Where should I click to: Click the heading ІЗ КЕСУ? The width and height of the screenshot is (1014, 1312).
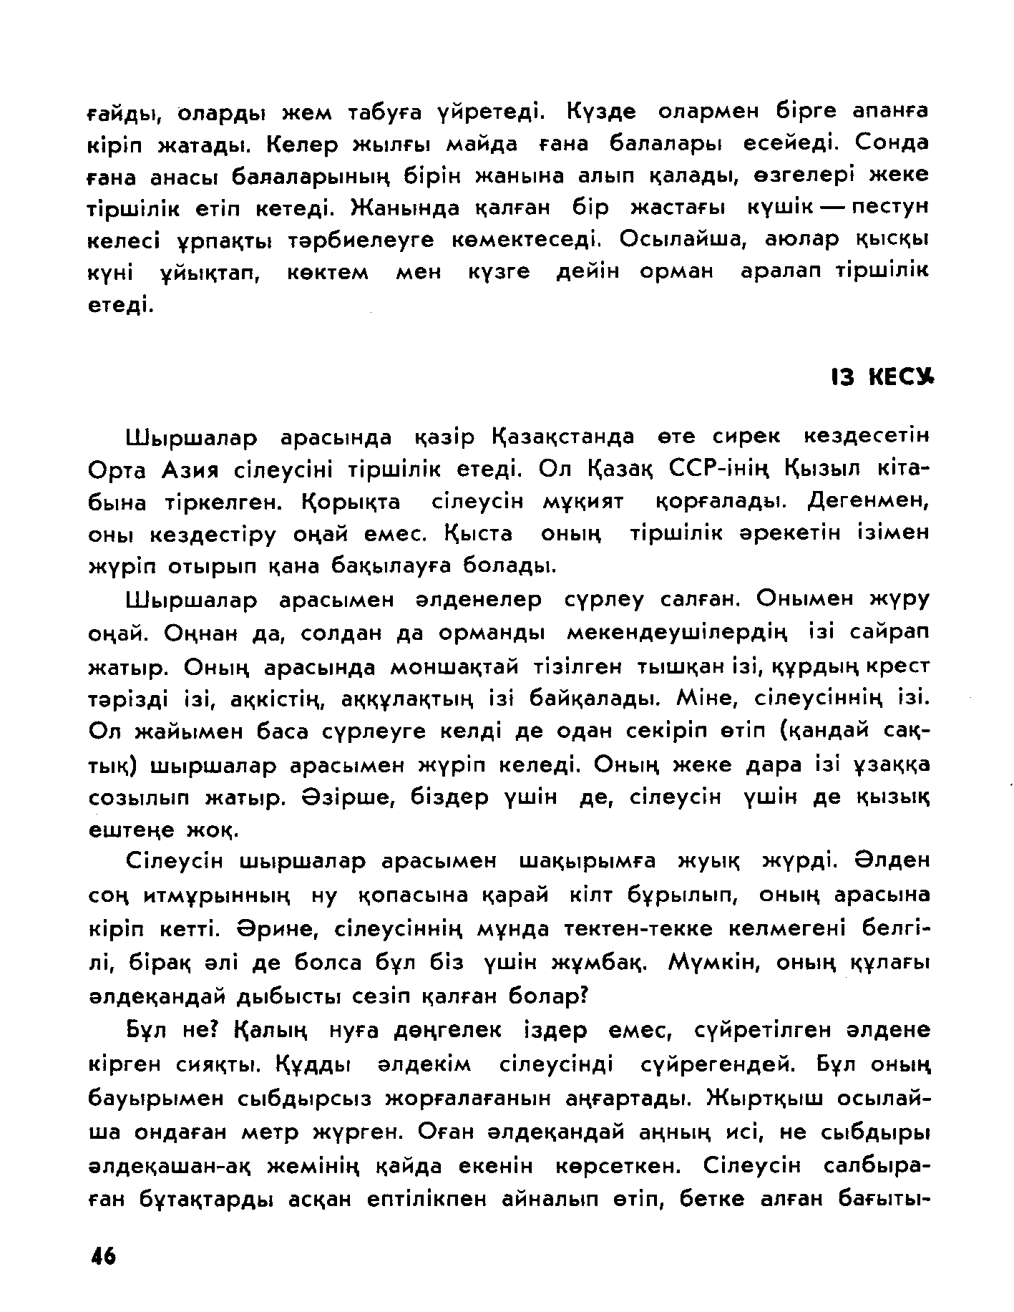tap(882, 377)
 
